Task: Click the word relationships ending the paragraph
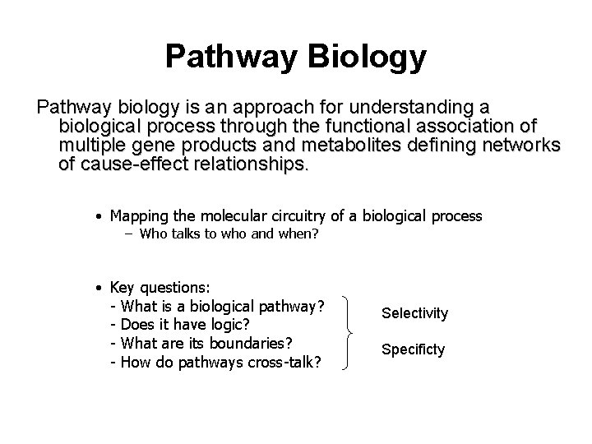pos(247,164)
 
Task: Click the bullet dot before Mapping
pos(98,217)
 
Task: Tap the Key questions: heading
pos(160,288)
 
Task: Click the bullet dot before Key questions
pos(98,289)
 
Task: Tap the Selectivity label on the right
pos(414,313)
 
